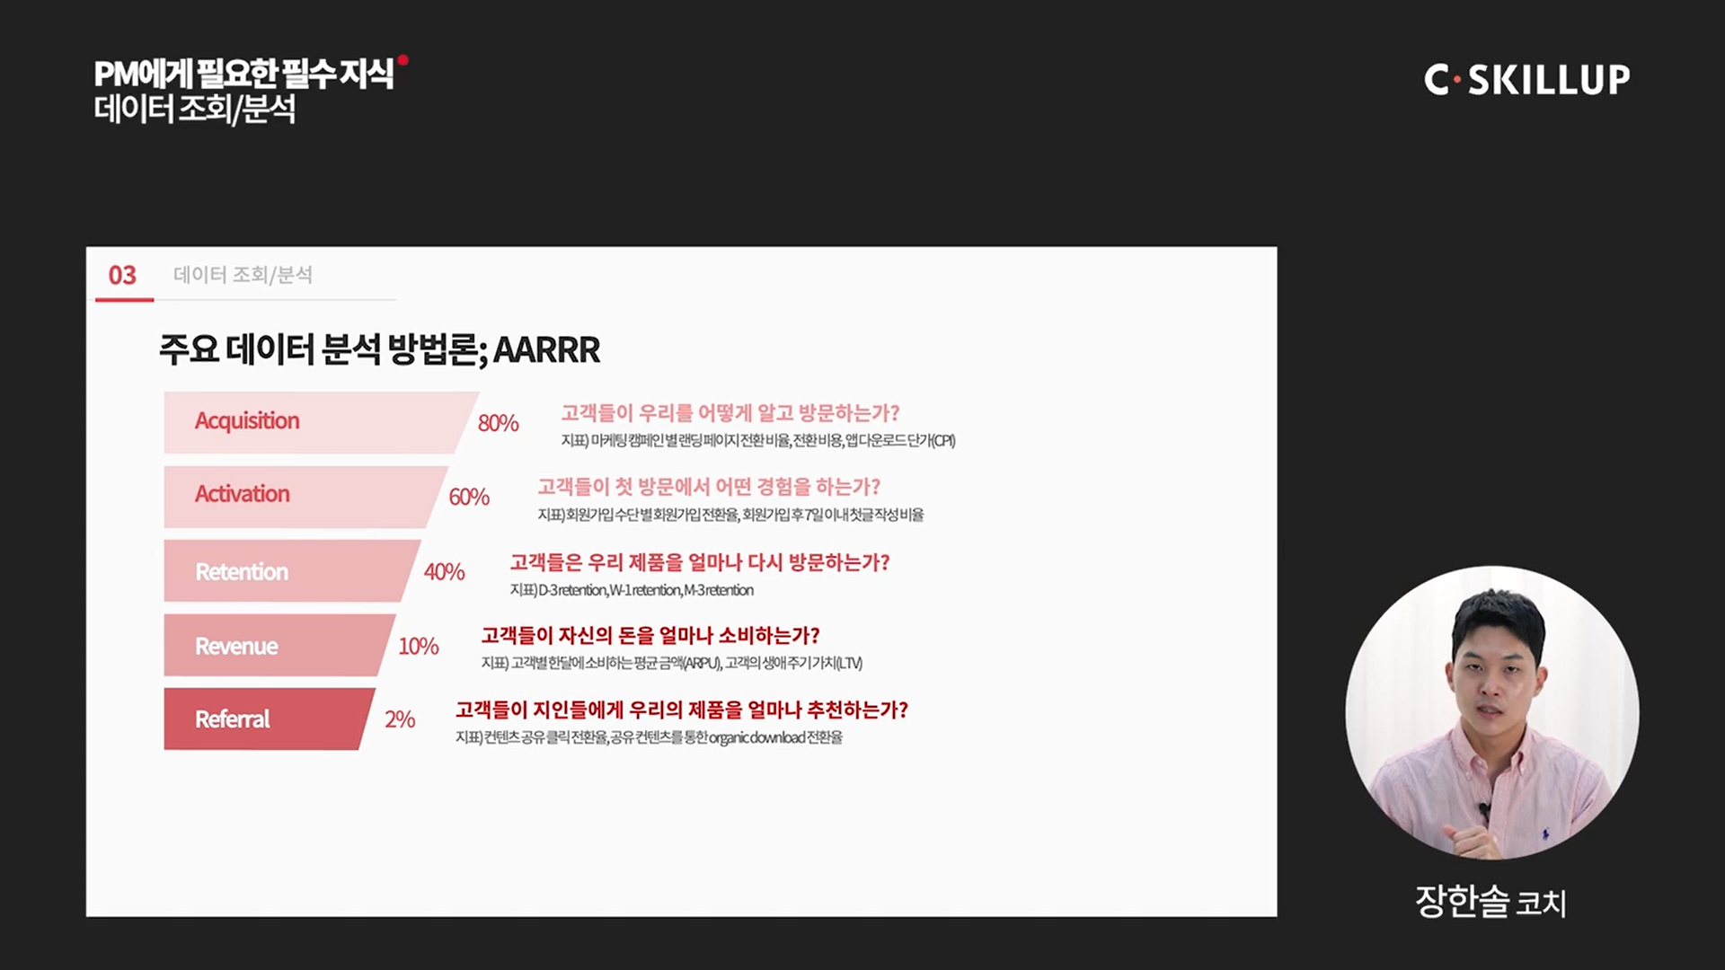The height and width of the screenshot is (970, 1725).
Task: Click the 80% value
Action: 498,423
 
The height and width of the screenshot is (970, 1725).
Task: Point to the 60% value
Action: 469,497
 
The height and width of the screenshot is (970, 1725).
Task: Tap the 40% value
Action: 444,571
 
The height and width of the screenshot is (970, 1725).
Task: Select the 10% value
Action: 419,646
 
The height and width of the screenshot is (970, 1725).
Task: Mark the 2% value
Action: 400,719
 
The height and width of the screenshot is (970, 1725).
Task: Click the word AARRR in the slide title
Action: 546,349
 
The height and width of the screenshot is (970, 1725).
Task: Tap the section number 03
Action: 122,275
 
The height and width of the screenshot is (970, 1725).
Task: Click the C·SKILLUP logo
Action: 1526,80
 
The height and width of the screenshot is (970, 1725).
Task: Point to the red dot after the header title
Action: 403,60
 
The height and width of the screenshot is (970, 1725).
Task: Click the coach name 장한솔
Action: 1462,901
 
